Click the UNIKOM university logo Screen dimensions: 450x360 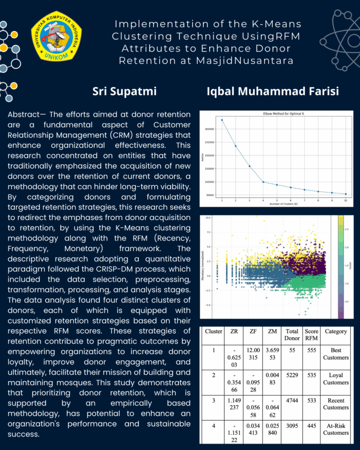click(x=56, y=37)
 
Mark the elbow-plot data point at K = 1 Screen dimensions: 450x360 click(x=222, y=120)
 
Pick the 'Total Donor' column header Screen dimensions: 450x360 click(x=292, y=334)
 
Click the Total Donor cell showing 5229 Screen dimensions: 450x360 click(x=291, y=376)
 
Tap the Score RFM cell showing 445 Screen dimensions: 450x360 click(x=312, y=425)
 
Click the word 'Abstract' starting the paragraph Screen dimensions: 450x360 click(x=22, y=114)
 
